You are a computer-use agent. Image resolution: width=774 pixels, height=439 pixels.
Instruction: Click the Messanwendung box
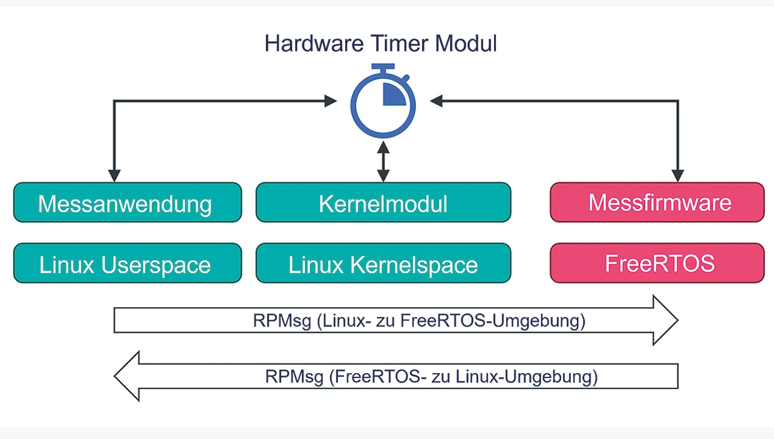click(128, 202)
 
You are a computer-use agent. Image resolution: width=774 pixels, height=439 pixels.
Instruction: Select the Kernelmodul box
click(383, 202)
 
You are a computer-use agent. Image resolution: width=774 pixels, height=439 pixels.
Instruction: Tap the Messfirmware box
click(657, 202)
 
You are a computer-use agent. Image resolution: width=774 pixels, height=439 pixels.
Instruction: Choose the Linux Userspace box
click(128, 263)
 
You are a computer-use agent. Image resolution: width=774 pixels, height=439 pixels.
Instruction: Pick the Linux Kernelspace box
click(383, 263)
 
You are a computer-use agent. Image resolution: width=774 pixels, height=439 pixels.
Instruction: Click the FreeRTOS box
click(657, 263)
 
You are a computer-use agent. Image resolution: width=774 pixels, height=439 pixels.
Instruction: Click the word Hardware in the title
click(314, 44)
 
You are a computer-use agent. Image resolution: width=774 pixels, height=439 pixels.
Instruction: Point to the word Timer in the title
click(399, 44)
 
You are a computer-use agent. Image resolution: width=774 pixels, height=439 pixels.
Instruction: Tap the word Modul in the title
click(466, 44)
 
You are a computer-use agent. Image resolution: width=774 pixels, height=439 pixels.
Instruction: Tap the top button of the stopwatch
click(383, 67)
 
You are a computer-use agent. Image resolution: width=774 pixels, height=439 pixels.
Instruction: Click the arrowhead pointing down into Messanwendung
click(114, 175)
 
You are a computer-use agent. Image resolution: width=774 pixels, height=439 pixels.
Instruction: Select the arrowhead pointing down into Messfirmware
click(678, 175)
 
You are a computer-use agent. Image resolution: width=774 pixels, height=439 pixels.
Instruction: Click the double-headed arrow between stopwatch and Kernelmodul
click(383, 162)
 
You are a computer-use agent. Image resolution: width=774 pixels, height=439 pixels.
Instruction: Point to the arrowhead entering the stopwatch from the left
click(331, 101)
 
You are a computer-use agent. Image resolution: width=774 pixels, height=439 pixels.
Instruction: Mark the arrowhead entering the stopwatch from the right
click(436, 101)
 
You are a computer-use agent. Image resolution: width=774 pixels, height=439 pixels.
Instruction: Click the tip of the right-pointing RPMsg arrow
click(678, 320)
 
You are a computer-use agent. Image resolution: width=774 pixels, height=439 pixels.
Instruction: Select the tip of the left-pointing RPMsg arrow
click(115, 376)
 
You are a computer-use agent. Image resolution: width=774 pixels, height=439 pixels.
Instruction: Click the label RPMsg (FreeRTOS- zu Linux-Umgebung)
click(431, 377)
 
